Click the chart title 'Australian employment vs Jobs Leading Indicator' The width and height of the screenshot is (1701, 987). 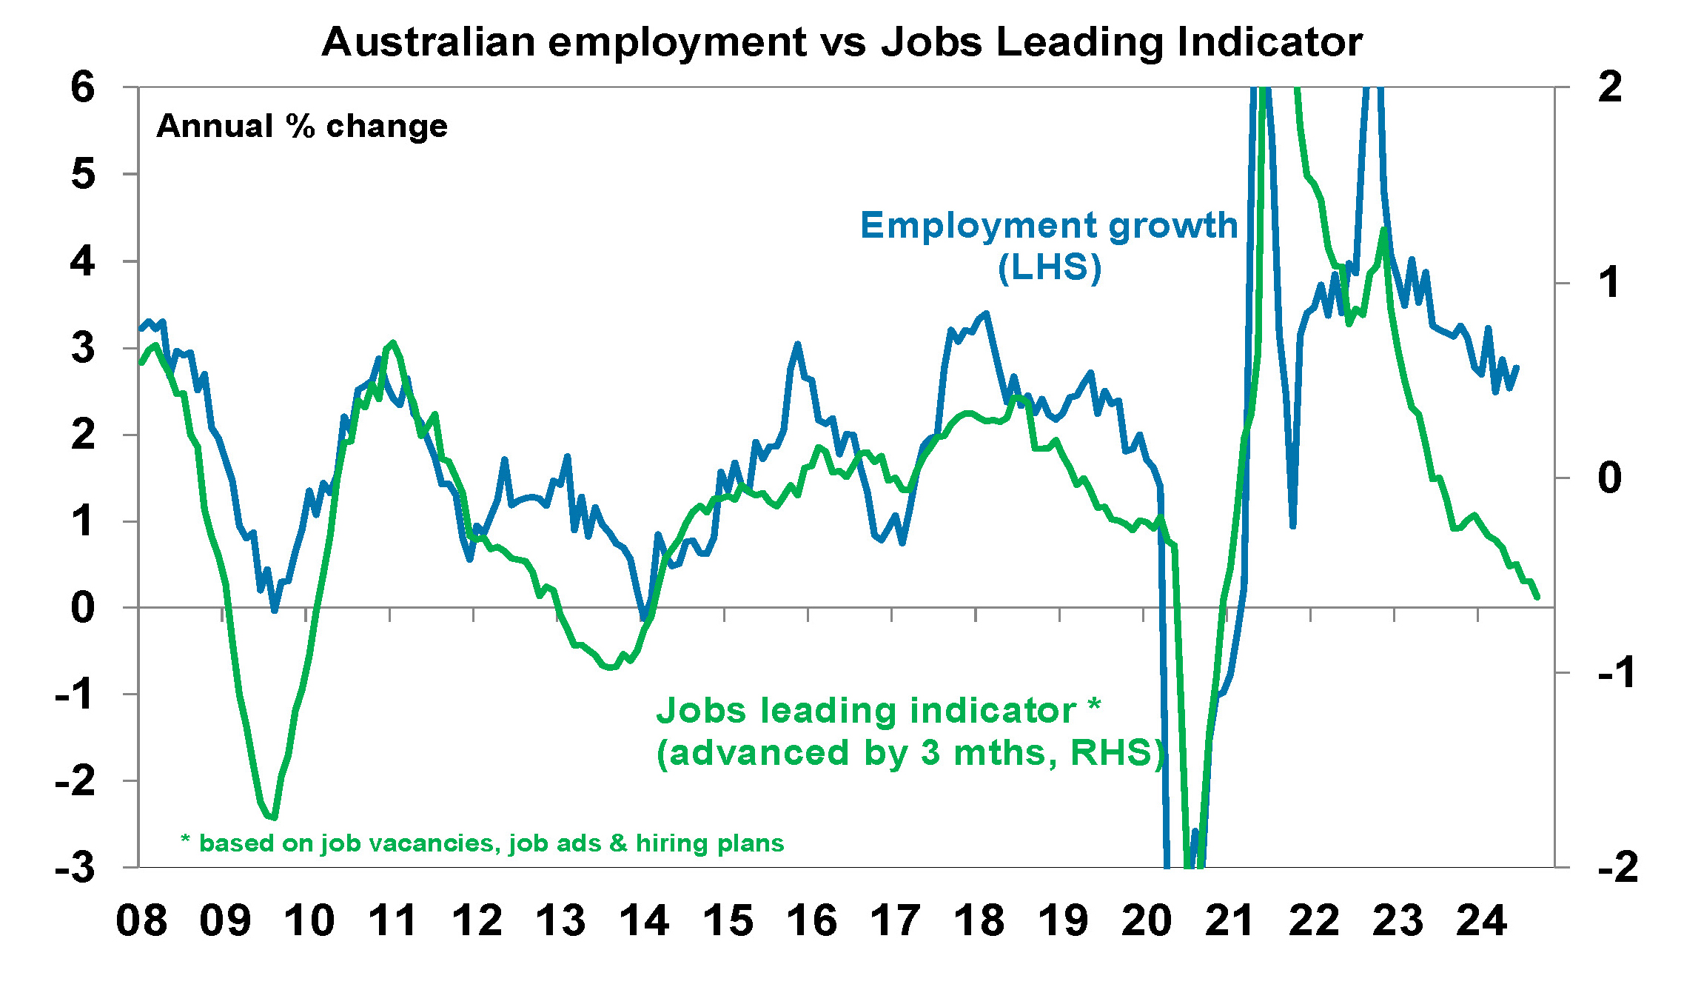(842, 42)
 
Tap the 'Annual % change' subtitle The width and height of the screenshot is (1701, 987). (302, 127)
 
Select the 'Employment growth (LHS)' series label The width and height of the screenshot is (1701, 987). (1049, 245)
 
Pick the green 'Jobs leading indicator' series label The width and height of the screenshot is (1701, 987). (910, 732)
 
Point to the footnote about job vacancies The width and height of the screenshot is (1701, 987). (483, 843)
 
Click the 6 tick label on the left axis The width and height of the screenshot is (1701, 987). (83, 87)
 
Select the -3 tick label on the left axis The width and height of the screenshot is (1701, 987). (76, 867)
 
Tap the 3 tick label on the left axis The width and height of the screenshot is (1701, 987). (83, 348)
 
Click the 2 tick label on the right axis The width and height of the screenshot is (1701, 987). (1609, 87)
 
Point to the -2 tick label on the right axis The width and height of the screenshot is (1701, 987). (1618, 867)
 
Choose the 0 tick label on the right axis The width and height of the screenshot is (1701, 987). (1609, 478)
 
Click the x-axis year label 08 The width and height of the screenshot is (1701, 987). (141, 921)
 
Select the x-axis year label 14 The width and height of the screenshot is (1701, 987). (644, 921)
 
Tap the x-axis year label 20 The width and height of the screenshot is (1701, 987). (1146, 921)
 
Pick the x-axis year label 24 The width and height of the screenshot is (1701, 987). (1481, 921)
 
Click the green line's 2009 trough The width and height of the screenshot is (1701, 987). (275, 818)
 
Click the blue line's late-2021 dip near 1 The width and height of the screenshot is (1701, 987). (1292, 526)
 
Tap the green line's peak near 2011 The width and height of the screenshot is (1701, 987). (393, 342)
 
